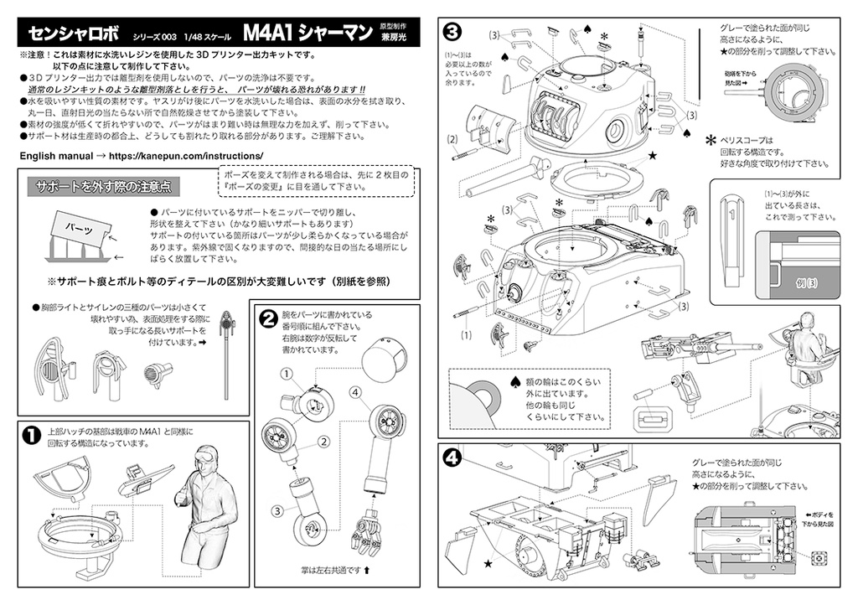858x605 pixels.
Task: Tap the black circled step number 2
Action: (x=269, y=318)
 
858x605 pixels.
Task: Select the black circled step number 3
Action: (x=452, y=32)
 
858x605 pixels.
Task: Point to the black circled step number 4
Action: (x=452, y=458)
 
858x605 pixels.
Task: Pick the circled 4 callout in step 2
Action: (x=355, y=391)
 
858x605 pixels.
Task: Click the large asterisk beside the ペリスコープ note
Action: (x=711, y=141)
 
